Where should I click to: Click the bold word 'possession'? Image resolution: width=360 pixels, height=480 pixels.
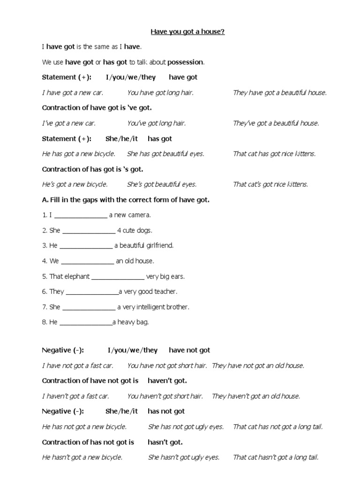click(x=185, y=62)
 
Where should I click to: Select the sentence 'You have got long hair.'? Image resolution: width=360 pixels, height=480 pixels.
click(x=160, y=93)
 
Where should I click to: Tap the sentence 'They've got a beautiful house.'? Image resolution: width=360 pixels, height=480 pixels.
click(x=276, y=123)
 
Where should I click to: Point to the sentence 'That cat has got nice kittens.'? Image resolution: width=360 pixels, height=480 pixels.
click(x=274, y=154)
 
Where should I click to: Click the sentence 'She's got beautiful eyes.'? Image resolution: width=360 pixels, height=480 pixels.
click(x=162, y=184)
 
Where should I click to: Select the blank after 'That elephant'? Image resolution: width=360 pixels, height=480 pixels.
click(x=118, y=277)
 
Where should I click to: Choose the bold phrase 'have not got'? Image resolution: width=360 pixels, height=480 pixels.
click(x=189, y=350)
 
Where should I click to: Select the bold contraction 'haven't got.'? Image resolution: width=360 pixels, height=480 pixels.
click(x=164, y=381)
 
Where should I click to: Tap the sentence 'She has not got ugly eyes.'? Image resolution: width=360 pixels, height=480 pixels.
click(x=186, y=427)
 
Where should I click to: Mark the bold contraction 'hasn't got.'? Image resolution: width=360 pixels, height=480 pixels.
click(x=165, y=442)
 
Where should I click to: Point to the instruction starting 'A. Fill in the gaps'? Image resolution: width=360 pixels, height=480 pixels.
click(x=126, y=200)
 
